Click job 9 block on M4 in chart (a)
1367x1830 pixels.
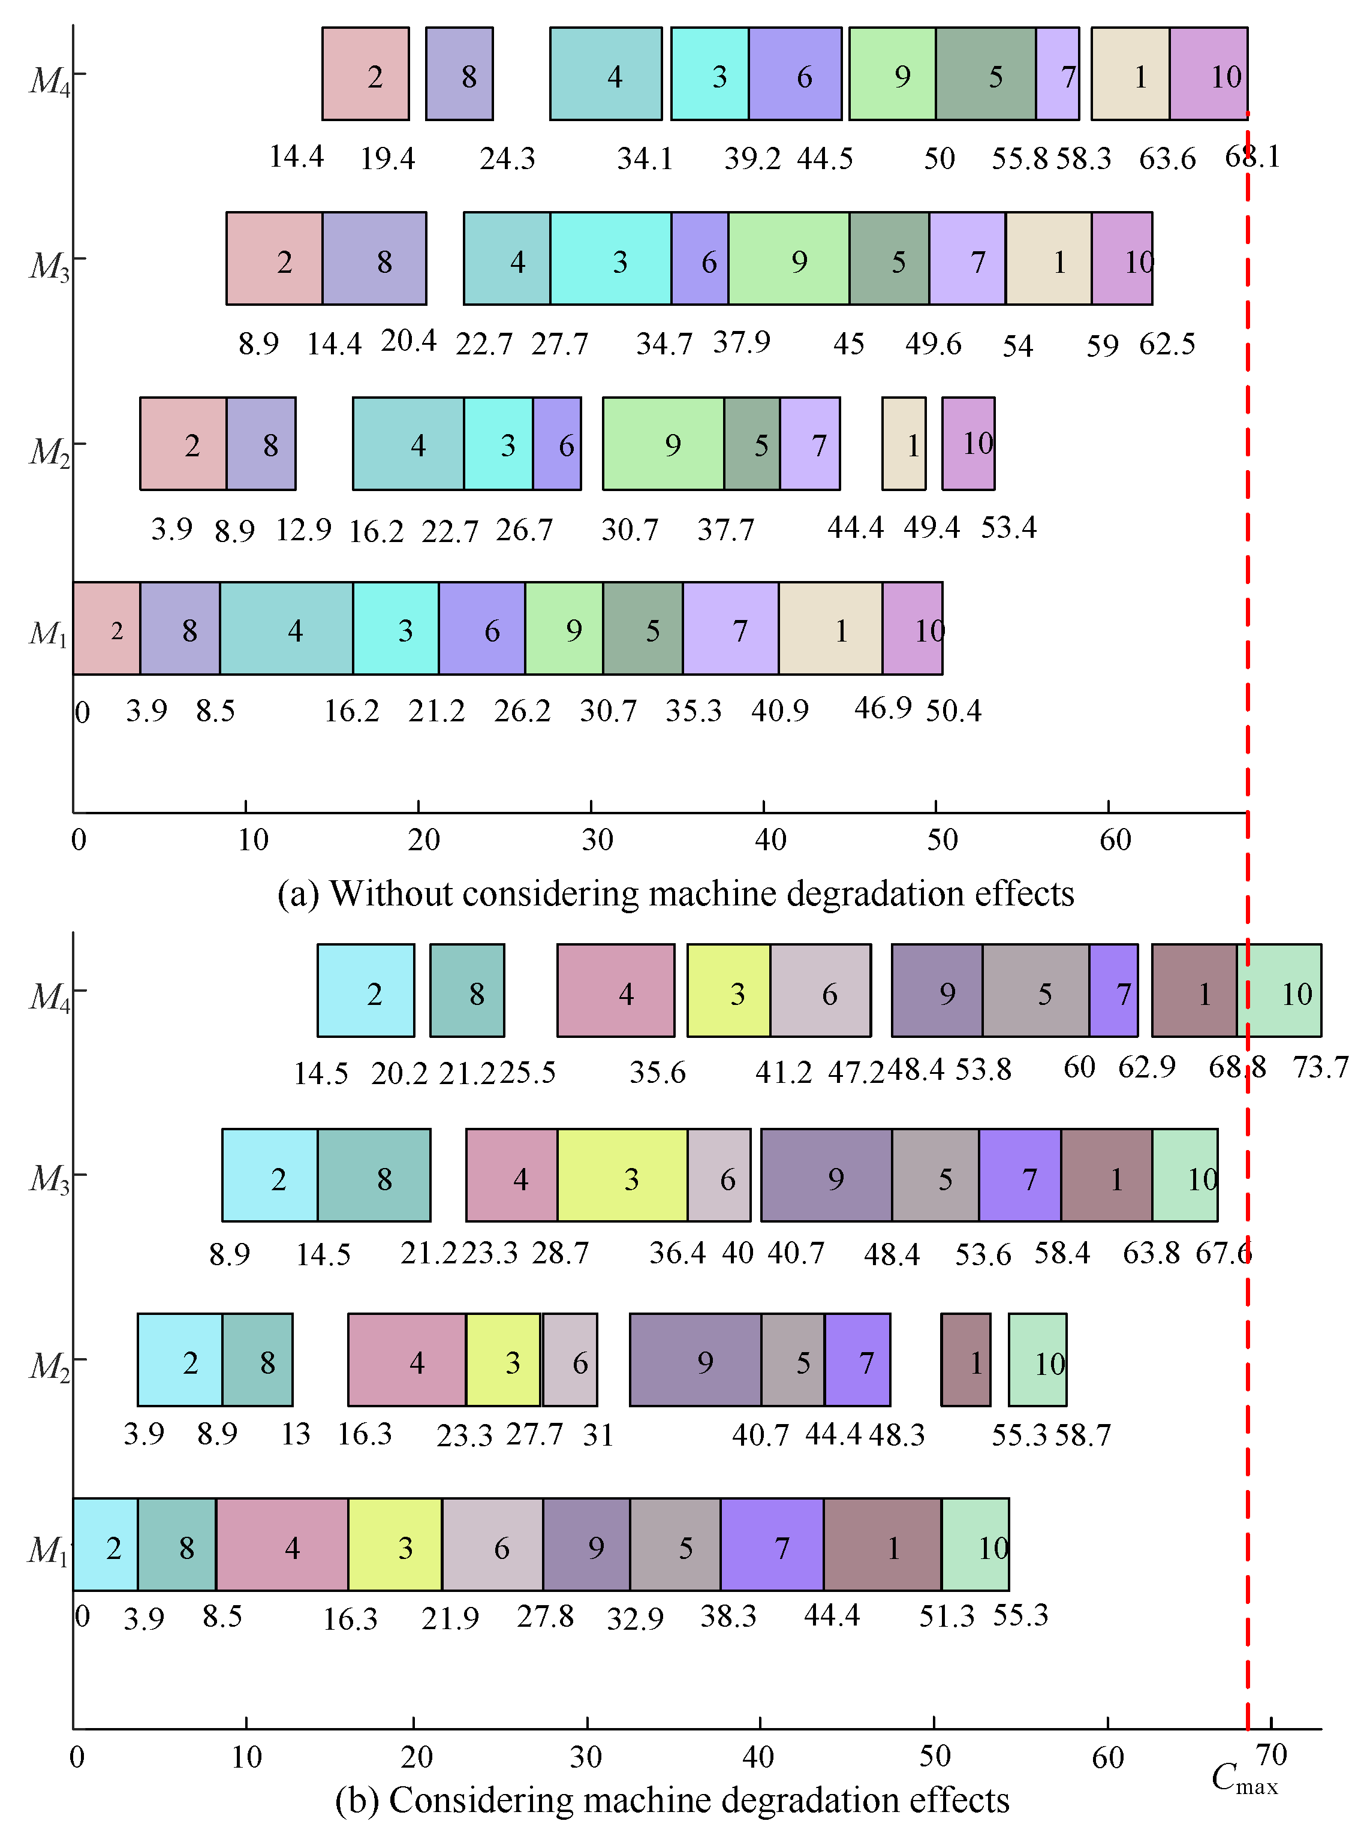pyautogui.click(x=892, y=74)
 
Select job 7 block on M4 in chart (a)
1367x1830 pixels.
pyautogui.click(x=1058, y=74)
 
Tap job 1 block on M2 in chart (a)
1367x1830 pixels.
pyautogui.click(x=904, y=444)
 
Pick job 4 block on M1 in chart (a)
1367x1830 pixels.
pyautogui.click(x=287, y=629)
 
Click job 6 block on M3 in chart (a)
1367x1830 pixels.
pyautogui.click(x=700, y=259)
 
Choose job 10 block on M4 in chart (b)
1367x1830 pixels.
pyautogui.click(x=1281, y=991)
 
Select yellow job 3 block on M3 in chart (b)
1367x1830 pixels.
pyautogui.click(x=622, y=1176)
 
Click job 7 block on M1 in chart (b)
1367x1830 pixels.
pyautogui.click(x=772, y=1545)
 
